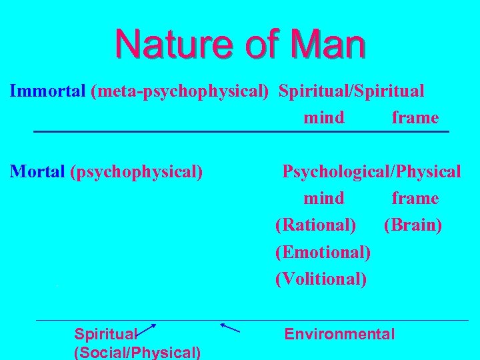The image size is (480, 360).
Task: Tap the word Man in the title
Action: pos(326,45)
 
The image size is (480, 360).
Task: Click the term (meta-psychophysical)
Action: pos(180,91)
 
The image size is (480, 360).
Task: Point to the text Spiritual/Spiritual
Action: pos(351,91)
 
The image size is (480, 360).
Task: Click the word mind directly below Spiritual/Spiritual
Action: pos(324,118)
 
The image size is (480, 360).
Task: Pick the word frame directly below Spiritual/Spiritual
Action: pos(415,118)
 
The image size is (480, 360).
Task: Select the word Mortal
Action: pos(39,171)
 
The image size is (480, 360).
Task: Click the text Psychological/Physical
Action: pos(371,171)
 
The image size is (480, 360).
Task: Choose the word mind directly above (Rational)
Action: pos(324,199)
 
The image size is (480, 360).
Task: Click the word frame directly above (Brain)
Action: pos(415,199)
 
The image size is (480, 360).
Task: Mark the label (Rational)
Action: pos(315,225)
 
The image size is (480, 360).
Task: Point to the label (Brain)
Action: pos(413,225)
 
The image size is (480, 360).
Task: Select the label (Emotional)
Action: pos(323,252)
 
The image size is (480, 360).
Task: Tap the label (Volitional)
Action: pos(321,279)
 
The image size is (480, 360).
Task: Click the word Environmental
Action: pos(339,334)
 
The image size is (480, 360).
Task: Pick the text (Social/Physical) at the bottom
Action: pos(138,351)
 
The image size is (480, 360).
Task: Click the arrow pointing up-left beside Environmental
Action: pos(229,327)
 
